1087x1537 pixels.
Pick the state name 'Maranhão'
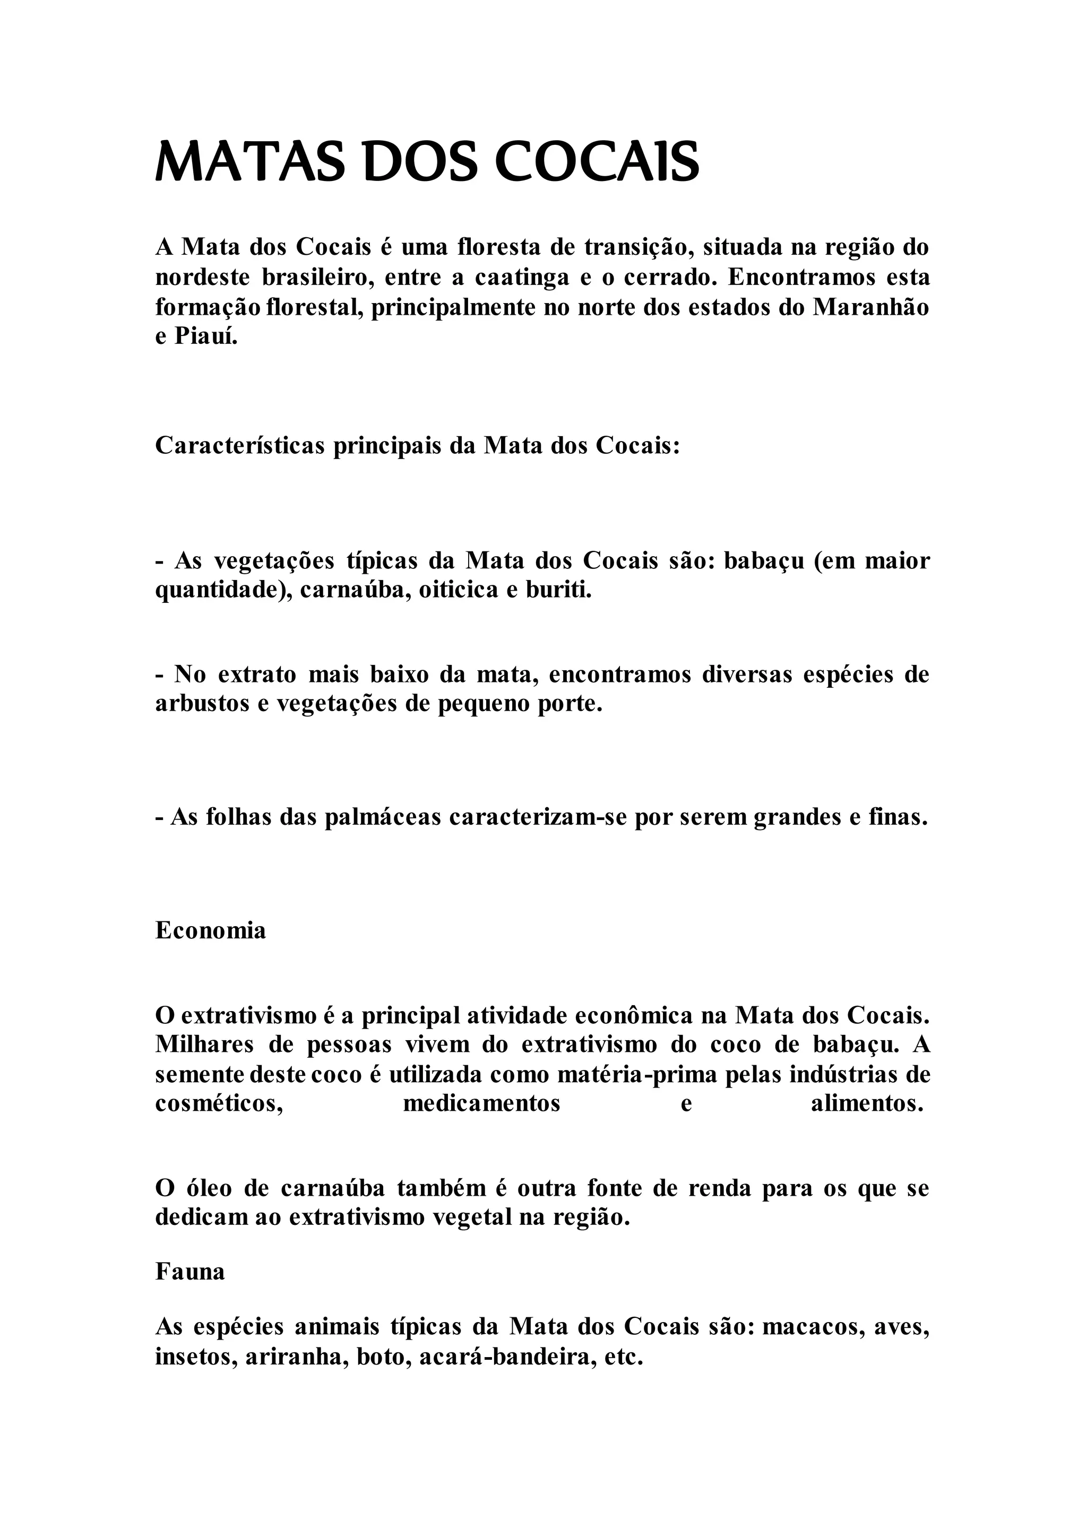(871, 307)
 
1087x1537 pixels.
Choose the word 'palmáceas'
(383, 817)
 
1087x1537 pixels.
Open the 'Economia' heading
(211, 930)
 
